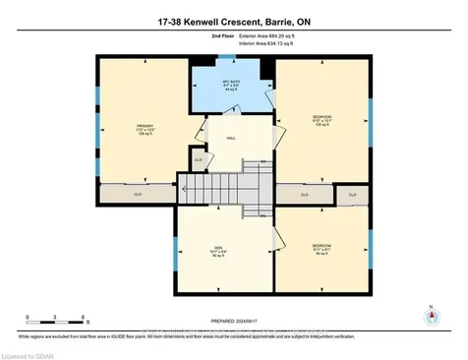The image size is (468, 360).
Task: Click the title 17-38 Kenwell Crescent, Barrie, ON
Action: click(x=233, y=22)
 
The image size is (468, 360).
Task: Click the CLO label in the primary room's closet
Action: click(x=138, y=195)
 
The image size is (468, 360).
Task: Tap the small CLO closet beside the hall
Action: click(x=199, y=159)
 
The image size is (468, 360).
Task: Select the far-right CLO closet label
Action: click(x=352, y=195)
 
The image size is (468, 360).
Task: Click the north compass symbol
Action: click(x=430, y=316)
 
